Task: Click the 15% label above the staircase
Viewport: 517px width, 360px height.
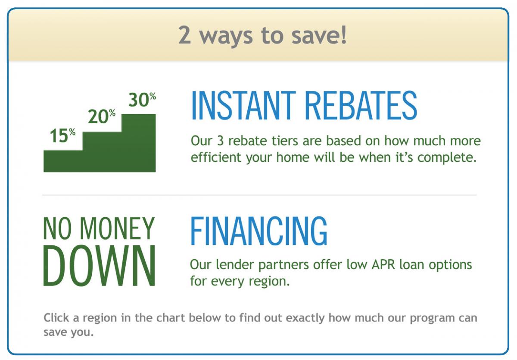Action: (x=62, y=135)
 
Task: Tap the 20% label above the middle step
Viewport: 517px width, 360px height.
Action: (x=102, y=116)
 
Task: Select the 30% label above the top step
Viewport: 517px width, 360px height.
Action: (x=142, y=100)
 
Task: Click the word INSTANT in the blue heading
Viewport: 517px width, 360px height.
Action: (x=243, y=106)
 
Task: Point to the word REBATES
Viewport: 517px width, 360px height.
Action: (x=361, y=106)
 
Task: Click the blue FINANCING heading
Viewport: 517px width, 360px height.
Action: (x=259, y=231)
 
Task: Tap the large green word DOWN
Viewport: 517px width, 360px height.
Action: (x=99, y=266)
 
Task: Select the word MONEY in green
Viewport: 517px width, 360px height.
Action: (x=117, y=228)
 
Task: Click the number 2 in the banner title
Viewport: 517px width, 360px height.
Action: (x=185, y=34)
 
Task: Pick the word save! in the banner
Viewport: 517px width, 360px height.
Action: (x=319, y=34)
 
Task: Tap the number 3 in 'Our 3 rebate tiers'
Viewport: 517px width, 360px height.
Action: (x=221, y=141)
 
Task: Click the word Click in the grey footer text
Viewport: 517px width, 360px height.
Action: (x=56, y=318)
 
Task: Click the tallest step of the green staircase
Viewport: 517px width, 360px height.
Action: (x=138, y=143)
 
